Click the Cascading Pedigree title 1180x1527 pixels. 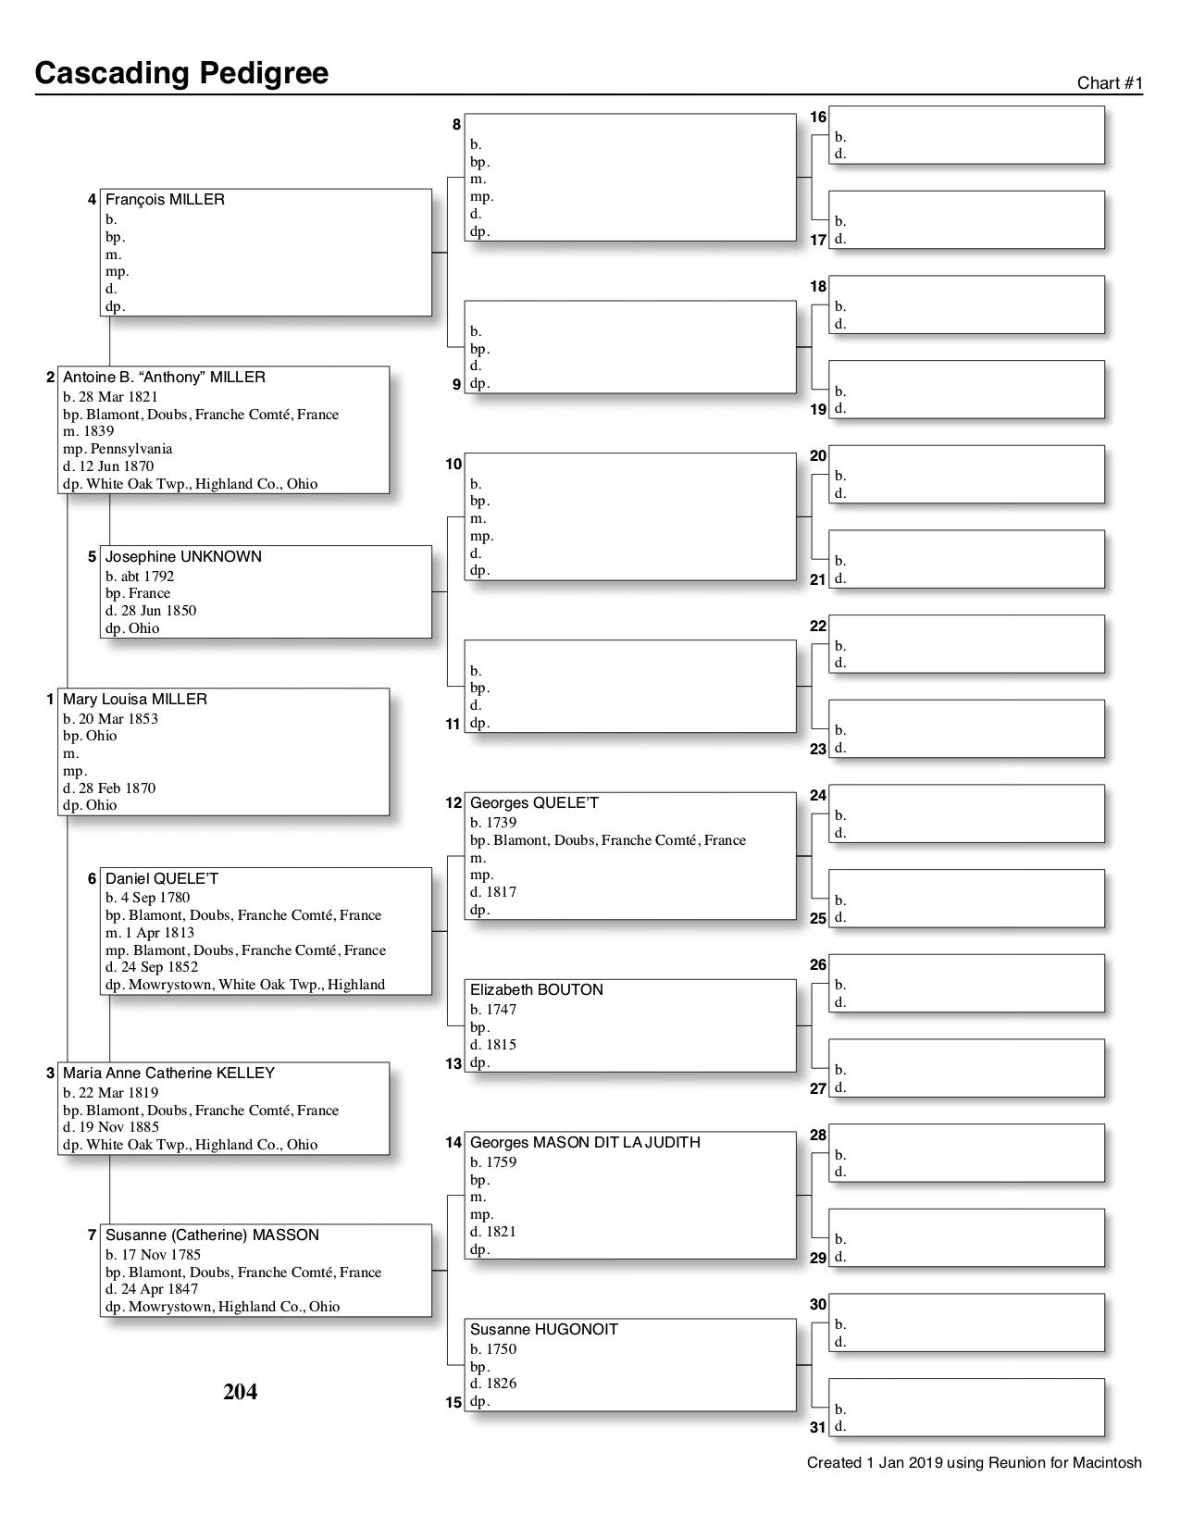tap(181, 72)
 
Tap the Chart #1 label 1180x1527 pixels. tap(1110, 83)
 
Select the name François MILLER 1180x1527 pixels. tap(165, 200)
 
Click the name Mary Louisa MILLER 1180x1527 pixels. tap(135, 700)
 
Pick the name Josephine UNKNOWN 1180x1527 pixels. tap(183, 557)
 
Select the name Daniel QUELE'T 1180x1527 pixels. tap(162, 879)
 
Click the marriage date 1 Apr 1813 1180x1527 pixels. tap(157, 933)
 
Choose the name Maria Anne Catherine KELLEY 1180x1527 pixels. tap(168, 1074)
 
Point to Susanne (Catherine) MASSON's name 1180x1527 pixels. tap(212, 1235)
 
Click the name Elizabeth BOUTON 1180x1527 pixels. tap(537, 990)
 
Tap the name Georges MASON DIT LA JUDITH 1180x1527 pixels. tap(585, 1143)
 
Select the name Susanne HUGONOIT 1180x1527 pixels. tap(544, 1330)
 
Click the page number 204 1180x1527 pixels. tap(240, 1392)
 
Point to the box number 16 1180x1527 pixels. tap(818, 118)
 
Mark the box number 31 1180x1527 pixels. tap(818, 1427)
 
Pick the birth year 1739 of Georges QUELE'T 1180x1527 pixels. tap(506, 823)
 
